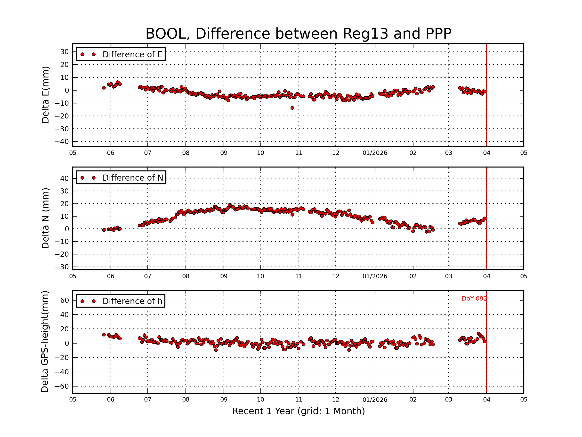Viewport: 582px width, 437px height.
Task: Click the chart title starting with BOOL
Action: (298, 34)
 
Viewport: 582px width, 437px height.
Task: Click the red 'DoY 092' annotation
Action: (474, 298)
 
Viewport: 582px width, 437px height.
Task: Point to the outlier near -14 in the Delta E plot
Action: (292, 108)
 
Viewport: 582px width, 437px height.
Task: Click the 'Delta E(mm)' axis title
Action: (45, 95)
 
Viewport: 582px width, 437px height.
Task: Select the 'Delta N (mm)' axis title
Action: (45, 218)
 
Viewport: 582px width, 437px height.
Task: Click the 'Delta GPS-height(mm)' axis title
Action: (45, 342)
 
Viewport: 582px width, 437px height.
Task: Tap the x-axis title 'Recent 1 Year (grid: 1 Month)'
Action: (298, 411)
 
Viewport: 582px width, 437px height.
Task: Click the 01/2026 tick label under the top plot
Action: (375, 153)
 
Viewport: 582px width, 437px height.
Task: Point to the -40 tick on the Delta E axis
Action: (62, 142)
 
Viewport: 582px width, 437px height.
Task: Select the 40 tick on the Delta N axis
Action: (65, 179)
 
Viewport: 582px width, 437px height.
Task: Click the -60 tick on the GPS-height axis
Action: (62, 387)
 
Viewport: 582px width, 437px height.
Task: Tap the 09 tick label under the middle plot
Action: (224, 276)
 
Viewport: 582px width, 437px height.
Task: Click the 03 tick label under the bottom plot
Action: (448, 400)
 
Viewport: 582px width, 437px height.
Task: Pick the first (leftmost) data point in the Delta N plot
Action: (104, 230)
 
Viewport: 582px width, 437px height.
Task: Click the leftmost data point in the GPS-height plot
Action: (104, 335)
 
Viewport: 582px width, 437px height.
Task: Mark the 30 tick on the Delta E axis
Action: (65, 52)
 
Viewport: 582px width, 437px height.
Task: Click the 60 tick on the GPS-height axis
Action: (65, 300)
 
